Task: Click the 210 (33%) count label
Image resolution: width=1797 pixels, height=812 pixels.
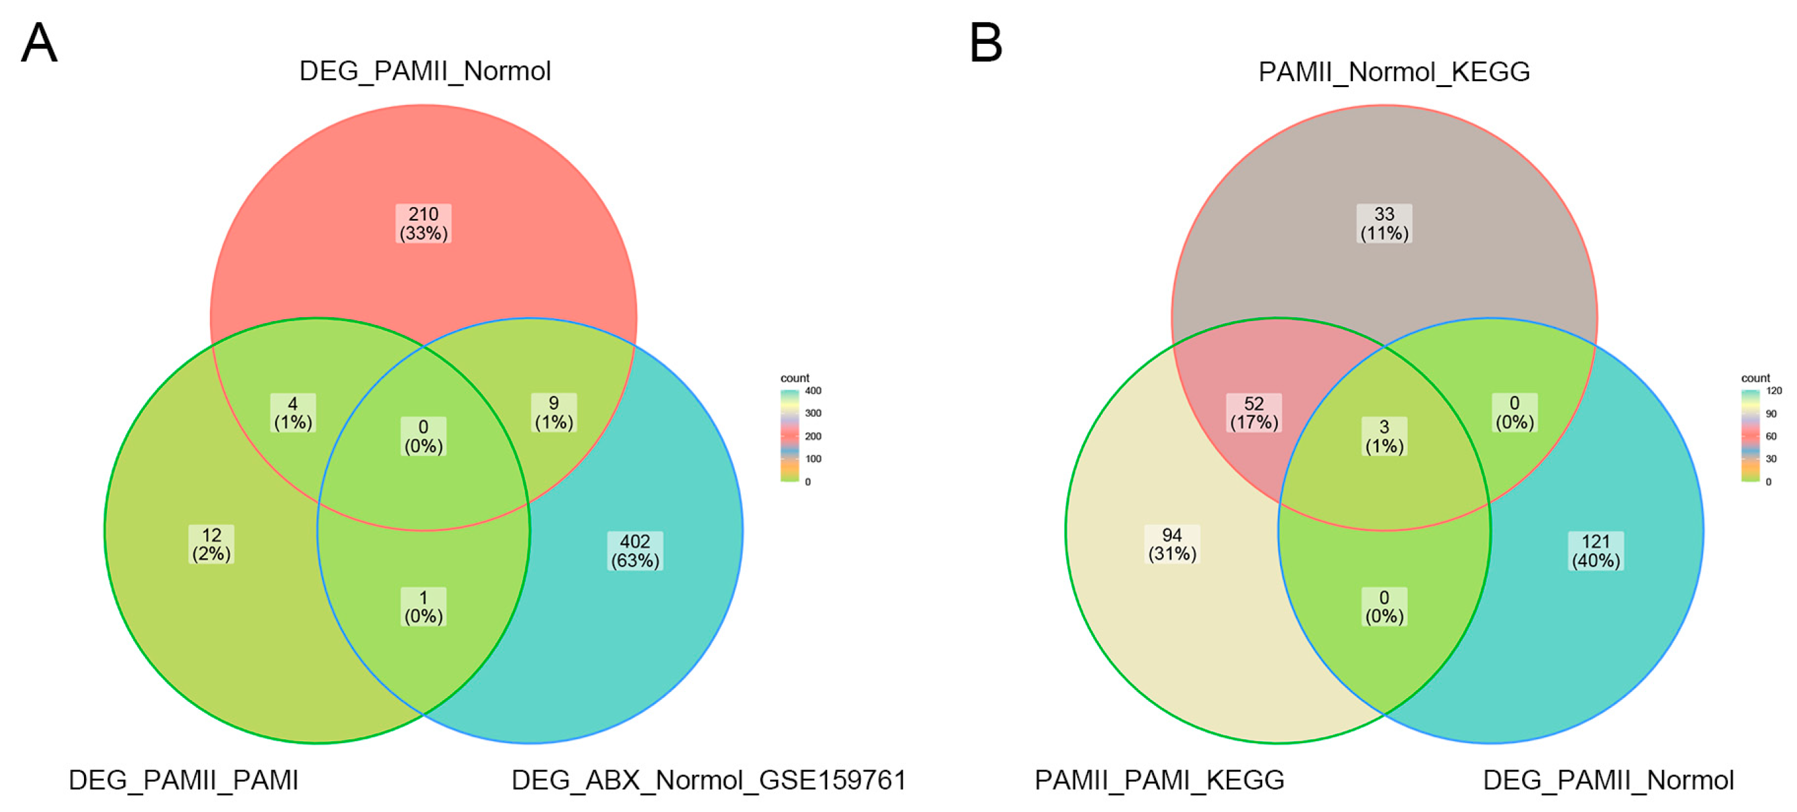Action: tap(423, 223)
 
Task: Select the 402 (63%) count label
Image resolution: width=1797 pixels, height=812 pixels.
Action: tap(635, 551)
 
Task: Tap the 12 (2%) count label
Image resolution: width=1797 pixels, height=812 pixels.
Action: tap(211, 545)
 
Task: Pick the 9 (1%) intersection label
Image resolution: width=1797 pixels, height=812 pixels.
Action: tap(554, 413)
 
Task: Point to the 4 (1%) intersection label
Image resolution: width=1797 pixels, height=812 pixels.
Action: tap(293, 413)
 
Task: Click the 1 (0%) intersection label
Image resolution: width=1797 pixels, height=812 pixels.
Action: tap(423, 606)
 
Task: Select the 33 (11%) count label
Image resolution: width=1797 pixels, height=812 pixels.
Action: tap(1384, 223)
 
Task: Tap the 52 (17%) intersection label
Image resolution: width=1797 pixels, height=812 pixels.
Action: tap(1254, 413)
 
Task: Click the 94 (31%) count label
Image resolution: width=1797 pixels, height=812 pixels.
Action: tap(1172, 545)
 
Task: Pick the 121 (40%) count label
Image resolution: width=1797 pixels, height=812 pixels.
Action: tap(1596, 551)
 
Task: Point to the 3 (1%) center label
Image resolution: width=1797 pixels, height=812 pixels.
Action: tap(1384, 436)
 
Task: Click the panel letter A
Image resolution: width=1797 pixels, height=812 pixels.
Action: tap(39, 43)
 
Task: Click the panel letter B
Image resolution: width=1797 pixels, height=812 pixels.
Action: tap(985, 43)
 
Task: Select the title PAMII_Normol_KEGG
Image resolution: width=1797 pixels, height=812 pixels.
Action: tap(1394, 72)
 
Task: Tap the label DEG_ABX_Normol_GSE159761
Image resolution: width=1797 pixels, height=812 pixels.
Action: tap(709, 780)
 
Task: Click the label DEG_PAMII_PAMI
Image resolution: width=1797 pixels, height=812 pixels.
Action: tap(184, 780)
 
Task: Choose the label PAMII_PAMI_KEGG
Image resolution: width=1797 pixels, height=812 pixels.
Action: tap(1159, 780)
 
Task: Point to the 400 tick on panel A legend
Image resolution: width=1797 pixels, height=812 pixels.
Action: tap(813, 391)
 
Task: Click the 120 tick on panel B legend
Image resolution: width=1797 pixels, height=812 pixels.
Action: tap(1774, 391)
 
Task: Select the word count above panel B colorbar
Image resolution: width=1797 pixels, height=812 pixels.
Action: tap(1755, 377)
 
